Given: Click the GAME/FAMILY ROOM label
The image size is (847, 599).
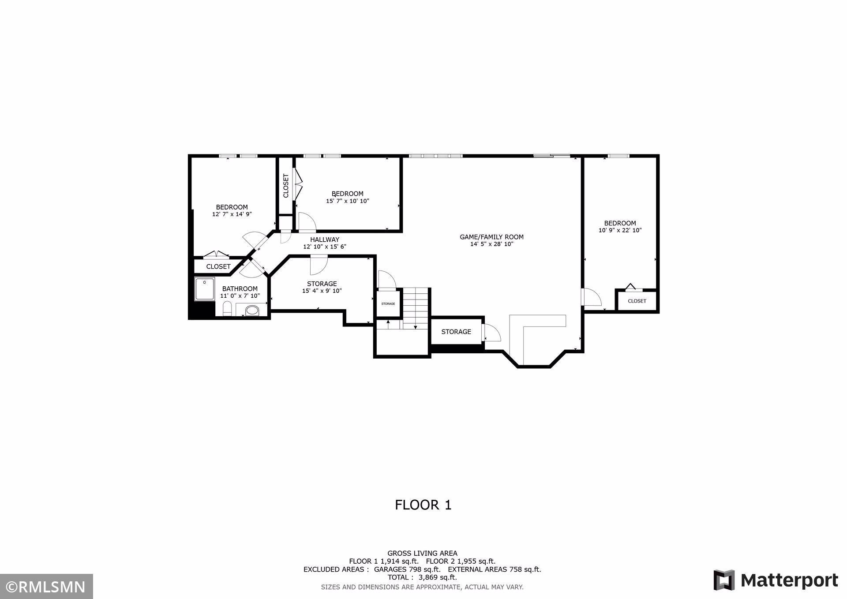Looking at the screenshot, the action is click(x=491, y=237).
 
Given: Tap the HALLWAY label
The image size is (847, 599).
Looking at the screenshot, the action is click(x=324, y=240).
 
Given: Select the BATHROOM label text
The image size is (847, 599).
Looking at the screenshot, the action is click(x=240, y=289).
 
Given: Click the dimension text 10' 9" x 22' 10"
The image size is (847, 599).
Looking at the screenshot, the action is click(x=620, y=230).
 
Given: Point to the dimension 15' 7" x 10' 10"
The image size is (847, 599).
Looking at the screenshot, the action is click(x=347, y=201).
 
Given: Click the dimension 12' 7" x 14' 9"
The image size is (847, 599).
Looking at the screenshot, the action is click(x=232, y=214).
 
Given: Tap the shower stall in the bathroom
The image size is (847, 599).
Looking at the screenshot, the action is click(x=205, y=289).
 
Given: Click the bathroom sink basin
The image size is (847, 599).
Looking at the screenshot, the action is click(x=252, y=311).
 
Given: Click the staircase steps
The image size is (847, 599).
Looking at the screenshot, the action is click(x=416, y=308).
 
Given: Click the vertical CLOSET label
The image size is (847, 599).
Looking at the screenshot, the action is click(x=285, y=186).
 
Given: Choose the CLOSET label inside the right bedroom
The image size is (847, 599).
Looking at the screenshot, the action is click(x=637, y=301).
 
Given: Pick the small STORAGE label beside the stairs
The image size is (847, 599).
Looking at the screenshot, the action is click(x=388, y=304).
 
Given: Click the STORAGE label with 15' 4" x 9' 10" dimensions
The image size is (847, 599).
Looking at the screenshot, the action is click(x=322, y=284).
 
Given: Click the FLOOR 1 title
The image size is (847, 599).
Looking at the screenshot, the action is click(x=423, y=505).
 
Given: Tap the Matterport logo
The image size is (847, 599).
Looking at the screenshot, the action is click(x=776, y=580).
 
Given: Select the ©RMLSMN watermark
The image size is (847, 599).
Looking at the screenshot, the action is click(x=46, y=587).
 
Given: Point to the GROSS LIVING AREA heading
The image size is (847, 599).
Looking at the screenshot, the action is click(x=422, y=553).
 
